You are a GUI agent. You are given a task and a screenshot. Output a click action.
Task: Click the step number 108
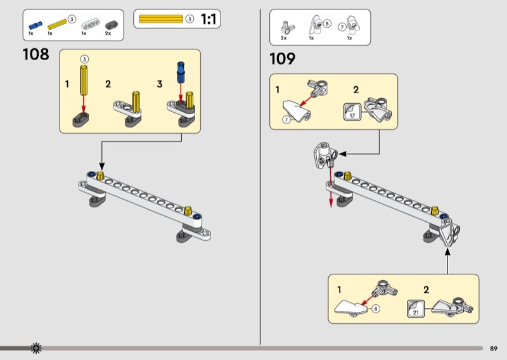click(36, 55)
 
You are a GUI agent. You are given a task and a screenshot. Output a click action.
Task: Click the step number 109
click(282, 59)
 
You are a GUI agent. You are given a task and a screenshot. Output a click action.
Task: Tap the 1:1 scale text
click(209, 20)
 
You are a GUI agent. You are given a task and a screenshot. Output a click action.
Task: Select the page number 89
click(494, 349)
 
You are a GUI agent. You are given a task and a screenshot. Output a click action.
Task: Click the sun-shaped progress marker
click(36, 348)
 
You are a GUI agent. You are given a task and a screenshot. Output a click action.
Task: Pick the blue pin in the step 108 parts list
click(35, 25)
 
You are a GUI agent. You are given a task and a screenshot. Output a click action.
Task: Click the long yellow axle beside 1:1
click(161, 19)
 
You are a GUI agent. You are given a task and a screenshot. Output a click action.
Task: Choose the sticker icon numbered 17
click(352, 112)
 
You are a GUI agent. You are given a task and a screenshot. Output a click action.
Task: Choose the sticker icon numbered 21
click(416, 309)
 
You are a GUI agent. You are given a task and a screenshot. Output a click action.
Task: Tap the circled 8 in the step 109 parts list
click(327, 23)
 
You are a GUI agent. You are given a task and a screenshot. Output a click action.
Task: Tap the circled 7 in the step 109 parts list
click(342, 27)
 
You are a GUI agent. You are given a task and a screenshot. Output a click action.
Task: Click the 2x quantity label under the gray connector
click(108, 34)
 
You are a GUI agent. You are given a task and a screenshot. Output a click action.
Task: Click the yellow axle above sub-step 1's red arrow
click(84, 80)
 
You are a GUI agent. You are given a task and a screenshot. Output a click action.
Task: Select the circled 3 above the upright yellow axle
click(84, 59)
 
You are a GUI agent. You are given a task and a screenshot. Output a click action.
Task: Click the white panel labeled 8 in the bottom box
click(350, 307)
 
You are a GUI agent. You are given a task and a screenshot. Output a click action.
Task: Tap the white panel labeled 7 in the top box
click(297, 111)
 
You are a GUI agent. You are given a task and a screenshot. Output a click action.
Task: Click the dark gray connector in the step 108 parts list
click(112, 25)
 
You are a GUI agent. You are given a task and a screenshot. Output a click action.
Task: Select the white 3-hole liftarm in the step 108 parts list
click(91, 24)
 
